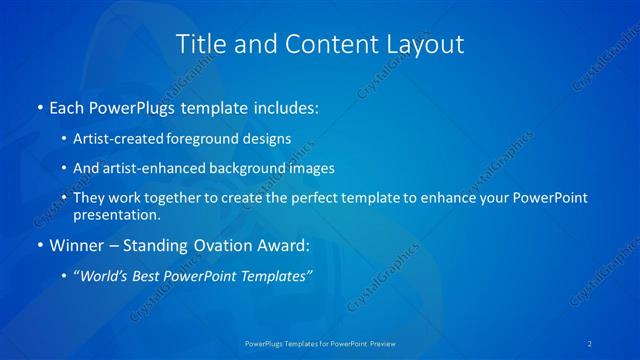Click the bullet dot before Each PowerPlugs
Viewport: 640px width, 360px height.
click(39, 105)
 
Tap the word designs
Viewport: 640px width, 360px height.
click(271, 137)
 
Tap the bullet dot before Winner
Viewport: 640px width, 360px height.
click(39, 245)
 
